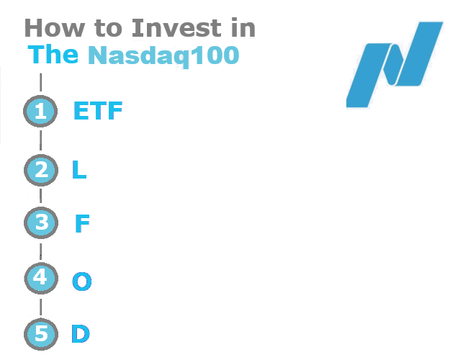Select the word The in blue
[53, 55]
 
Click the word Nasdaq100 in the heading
[163, 55]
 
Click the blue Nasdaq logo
[395, 65]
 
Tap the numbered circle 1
[40, 112]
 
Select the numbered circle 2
[40, 170]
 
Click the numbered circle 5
[40, 335]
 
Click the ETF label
[98, 112]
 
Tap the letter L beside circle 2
[79, 170]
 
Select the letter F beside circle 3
[82, 224]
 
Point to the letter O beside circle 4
[82, 281]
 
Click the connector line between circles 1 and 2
[40, 140]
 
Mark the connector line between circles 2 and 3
[40, 196]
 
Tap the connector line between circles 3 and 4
[40, 251]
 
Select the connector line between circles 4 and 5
[40, 307]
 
